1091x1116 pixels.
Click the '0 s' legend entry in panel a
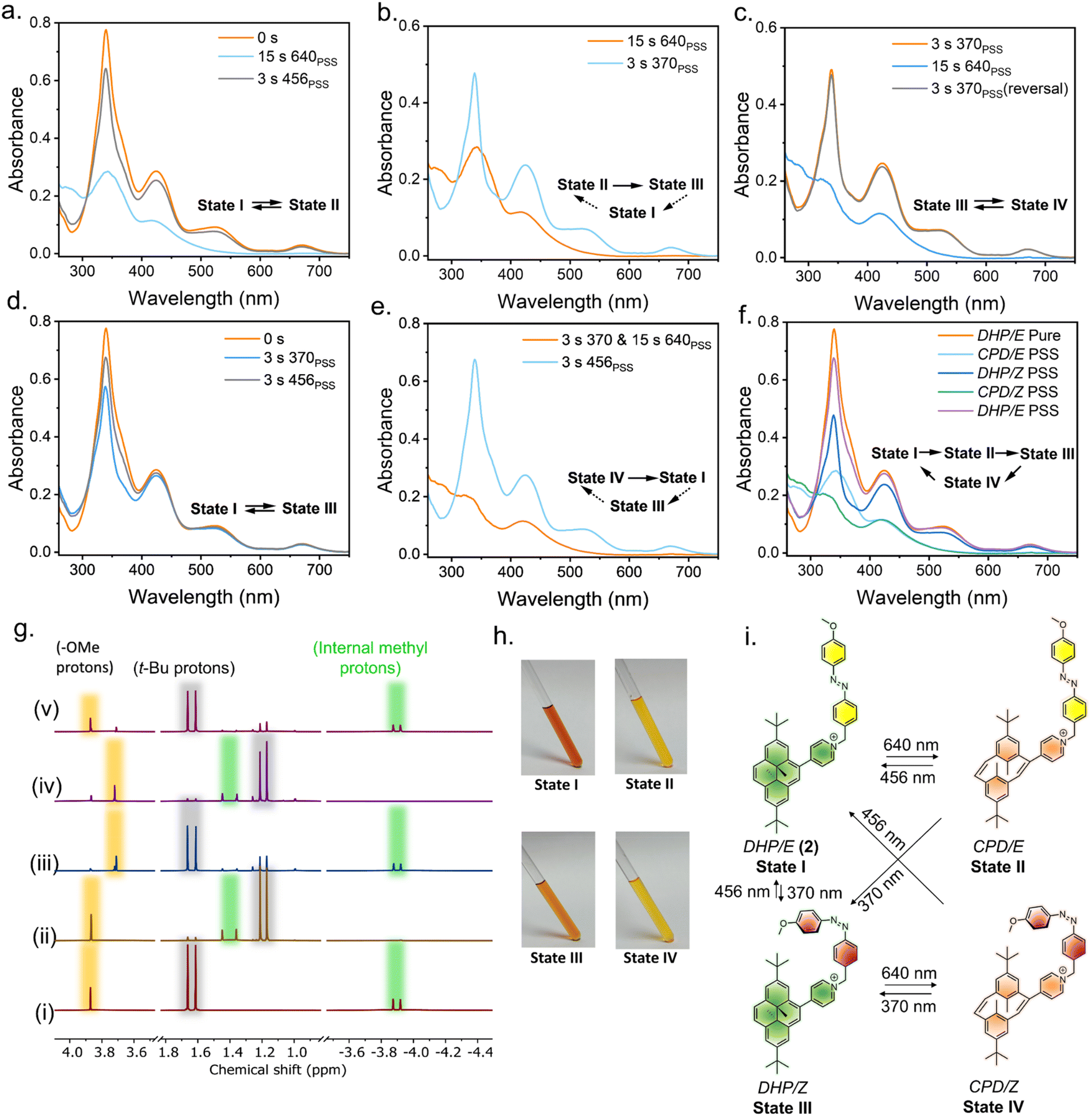tap(248, 38)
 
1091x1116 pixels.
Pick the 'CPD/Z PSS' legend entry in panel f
tap(998, 391)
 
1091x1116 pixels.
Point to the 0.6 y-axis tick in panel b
tap(409, 26)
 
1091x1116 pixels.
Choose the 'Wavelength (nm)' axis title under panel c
tap(929, 303)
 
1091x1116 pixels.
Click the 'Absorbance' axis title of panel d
tap(16, 437)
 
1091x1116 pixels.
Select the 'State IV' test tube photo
tap(652, 890)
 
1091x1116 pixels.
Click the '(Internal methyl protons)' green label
tap(370, 657)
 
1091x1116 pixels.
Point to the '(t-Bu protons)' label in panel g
tap(184, 668)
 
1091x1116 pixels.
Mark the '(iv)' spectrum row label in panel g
tap(47, 786)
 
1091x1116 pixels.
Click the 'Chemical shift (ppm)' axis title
tap(277, 1069)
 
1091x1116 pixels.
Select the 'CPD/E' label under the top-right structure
tap(998, 847)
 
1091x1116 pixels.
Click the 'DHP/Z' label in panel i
tap(782, 1087)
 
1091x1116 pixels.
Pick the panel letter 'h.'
tap(503, 636)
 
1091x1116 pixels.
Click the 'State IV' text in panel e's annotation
tap(595, 478)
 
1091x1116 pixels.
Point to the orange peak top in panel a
tap(106, 30)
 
